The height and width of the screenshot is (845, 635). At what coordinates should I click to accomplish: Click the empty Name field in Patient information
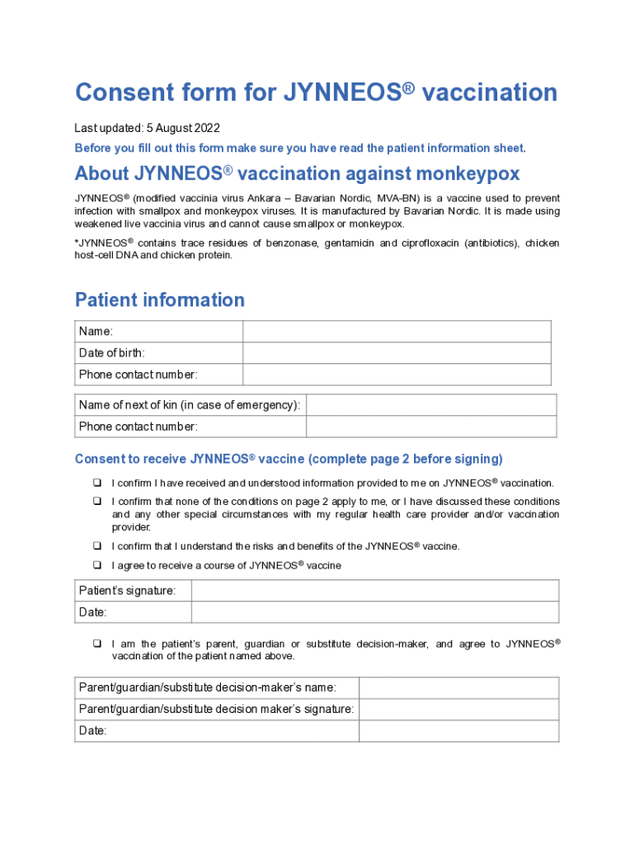397,332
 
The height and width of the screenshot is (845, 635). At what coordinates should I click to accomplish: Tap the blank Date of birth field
397,353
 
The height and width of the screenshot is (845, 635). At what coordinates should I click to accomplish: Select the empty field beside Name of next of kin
431,405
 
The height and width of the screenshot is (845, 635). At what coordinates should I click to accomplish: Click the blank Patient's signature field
375,591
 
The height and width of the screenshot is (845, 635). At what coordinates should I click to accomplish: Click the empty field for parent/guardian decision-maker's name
459,688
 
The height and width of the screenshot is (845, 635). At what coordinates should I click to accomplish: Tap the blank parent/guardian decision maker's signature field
459,710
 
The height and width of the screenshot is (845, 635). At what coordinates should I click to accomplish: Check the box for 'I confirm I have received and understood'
96,483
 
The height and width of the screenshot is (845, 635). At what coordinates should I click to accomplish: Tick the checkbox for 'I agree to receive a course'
96,565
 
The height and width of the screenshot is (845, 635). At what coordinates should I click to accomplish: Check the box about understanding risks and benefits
96,546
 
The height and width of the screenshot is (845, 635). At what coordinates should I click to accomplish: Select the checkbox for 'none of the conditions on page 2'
96,502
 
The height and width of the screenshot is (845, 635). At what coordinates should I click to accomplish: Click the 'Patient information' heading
159,300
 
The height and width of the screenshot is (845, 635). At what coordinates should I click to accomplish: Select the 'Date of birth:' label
112,353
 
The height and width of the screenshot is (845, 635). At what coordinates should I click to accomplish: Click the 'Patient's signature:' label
127,591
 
